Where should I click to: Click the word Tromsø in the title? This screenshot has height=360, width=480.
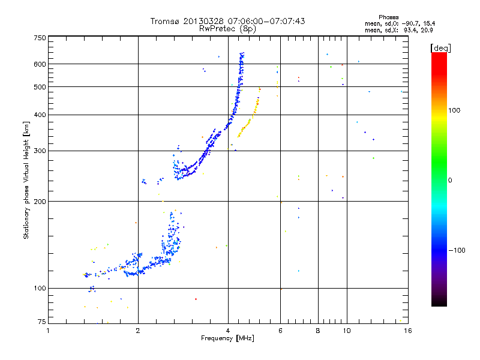click(166, 21)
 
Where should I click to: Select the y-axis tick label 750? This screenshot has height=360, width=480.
click(40, 38)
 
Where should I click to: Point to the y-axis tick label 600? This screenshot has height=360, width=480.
click(40, 64)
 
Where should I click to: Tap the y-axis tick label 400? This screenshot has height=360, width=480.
click(40, 115)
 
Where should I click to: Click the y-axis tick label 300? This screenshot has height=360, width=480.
click(40, 151)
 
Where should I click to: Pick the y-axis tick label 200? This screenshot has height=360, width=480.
click(40, 202)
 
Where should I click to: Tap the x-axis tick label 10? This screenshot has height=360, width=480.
click(346, 331)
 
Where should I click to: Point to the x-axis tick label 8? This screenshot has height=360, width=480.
click(318, 331)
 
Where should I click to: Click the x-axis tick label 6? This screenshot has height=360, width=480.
click(280, 331)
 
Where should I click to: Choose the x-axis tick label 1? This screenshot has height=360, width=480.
click(48, 331)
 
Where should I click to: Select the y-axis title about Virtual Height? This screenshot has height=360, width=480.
click(26, 179)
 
